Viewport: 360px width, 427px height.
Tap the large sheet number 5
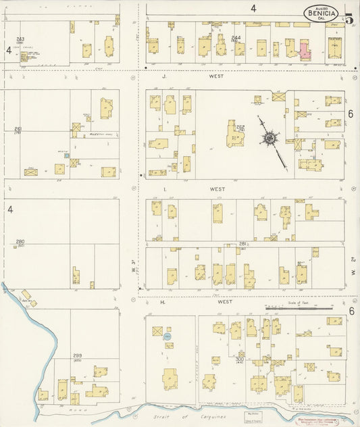coord(349,18)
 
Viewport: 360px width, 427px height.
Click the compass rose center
coord(269,139)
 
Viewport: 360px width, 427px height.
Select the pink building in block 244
coord(305,51)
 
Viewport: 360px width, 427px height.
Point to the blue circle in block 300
coord(169,334)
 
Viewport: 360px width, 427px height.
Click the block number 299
coord(78,355)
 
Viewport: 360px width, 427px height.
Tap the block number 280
coord(20,241)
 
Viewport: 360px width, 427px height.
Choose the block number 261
coord(18,129)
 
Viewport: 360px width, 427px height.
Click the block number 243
coord(20,39)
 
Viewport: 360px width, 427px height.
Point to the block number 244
coord(236,38)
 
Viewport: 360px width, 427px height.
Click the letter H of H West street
coord(163,303)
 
